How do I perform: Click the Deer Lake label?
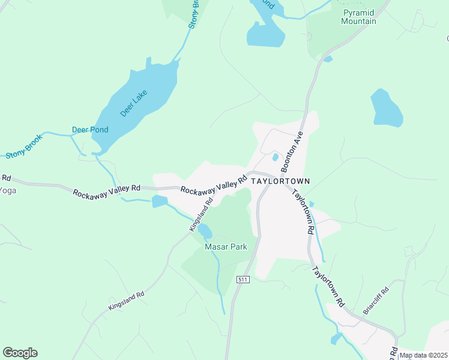pyautogui.click(x=134, y=103)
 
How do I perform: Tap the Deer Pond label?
pyautogui.click(x=90, y=130)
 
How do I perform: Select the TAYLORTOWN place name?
pyautogui.click(x=280, y=181)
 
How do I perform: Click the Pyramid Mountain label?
pyautogui.click(x=359, y=17)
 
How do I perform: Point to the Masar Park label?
pyautogui.click(x=226, y=247)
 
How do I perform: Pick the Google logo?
pyautogui.click(x=20, y=353)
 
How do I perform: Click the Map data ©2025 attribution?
pyautogui.click(x=424, y=355)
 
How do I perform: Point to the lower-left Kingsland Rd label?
pyautogui.click(x=127, y=301)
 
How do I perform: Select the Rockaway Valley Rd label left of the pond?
pyautogui.click(x=106, y=191)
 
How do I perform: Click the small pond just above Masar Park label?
pyautogui.click(x=205, y=230)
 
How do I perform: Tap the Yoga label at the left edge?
pyautogui.click(x=7, y=190)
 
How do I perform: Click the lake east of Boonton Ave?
pyautogui.click(x=385, y=108)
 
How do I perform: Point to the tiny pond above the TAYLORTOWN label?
pyautogui.click(x=275, y=157)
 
